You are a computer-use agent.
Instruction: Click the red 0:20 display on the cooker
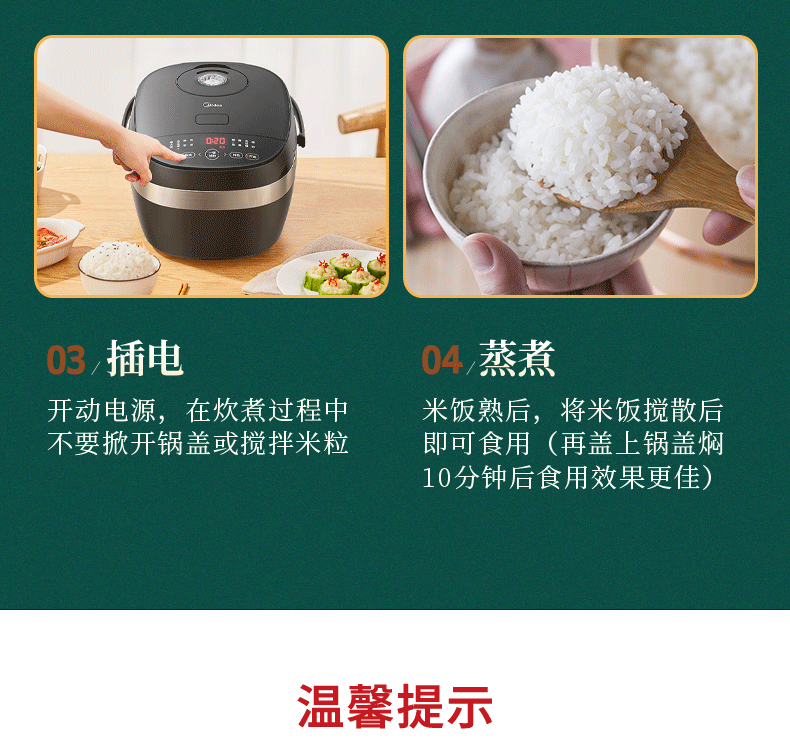(x=216, y=141)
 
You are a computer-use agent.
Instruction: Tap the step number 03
(x=66, y=360)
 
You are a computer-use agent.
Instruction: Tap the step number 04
(x=442, y=360)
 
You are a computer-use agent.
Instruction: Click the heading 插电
(x=145, y=358)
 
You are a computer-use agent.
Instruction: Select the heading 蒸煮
(x=517, y=358)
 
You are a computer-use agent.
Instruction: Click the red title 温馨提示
(x=395, y=706)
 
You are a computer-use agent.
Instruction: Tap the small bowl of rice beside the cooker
(x=119, y=266)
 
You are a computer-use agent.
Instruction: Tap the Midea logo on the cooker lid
(x=212, y=105)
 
